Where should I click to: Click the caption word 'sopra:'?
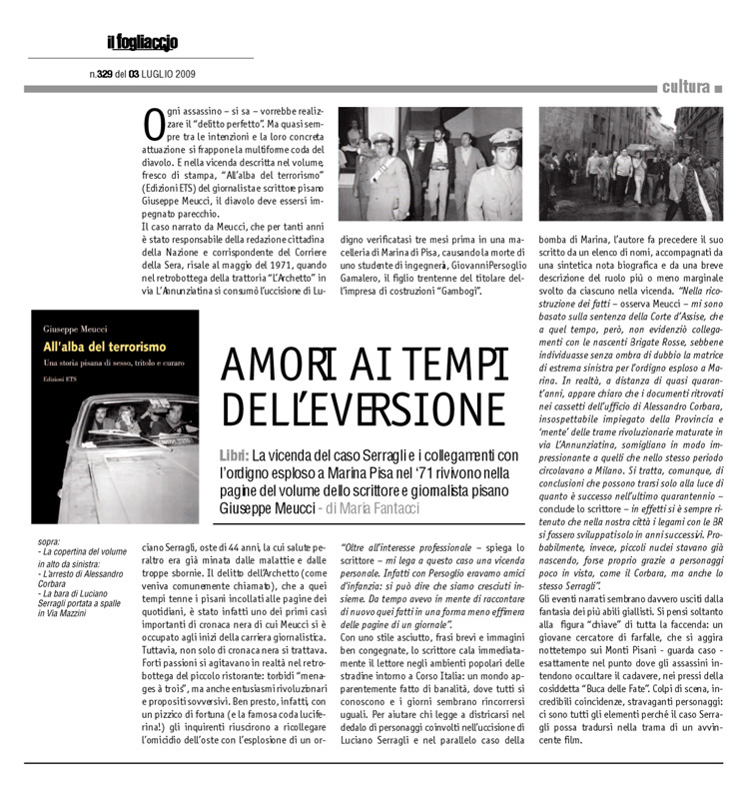(x=47, y=540)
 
